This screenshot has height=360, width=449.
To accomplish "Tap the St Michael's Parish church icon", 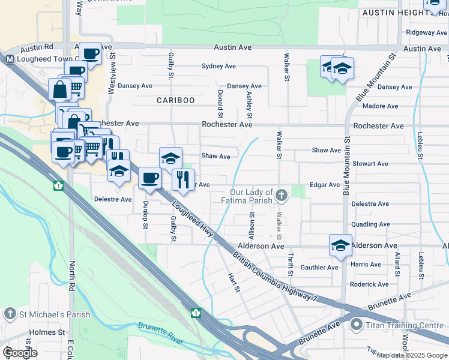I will [10, 314].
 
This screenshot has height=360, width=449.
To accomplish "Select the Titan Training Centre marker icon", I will [356, 326].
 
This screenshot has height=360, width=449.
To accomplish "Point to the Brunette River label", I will [161, 334].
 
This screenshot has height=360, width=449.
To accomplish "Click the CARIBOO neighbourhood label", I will [176, 100].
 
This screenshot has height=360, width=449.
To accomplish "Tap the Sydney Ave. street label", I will [219, 66].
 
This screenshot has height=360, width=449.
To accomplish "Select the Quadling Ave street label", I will [372, 224].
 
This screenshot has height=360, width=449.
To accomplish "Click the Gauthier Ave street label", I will [319, 268].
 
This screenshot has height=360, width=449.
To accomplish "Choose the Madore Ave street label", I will [381, 106].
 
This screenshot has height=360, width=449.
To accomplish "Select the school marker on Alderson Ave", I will [340, 245].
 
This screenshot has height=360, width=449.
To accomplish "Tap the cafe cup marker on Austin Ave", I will [91, 54].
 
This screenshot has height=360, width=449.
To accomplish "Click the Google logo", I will [20, 353].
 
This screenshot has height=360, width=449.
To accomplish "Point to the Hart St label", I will [234, 284].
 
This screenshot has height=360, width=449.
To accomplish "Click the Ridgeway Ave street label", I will [426, 32].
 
